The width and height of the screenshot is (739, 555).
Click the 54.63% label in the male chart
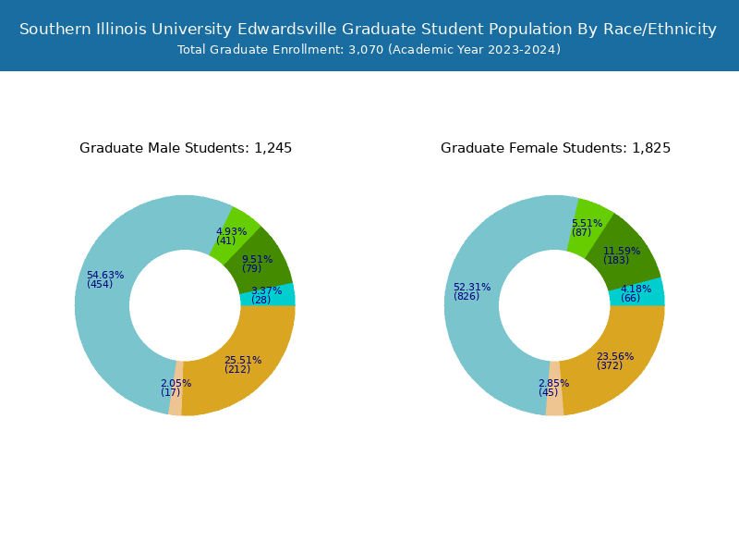[104, 275]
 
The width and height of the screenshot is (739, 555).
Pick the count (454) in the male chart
[100, 284]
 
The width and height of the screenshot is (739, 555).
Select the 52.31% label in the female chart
[471, 287]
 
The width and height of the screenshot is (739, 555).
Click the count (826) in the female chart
[466, 296]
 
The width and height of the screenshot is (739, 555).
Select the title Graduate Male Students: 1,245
[186, 148]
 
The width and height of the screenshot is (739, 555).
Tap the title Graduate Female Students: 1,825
[555, 148]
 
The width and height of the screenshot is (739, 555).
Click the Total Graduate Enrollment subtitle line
[369, 50]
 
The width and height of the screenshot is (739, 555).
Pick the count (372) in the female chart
[610, 365]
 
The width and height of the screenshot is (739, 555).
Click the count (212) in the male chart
[237, 369]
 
